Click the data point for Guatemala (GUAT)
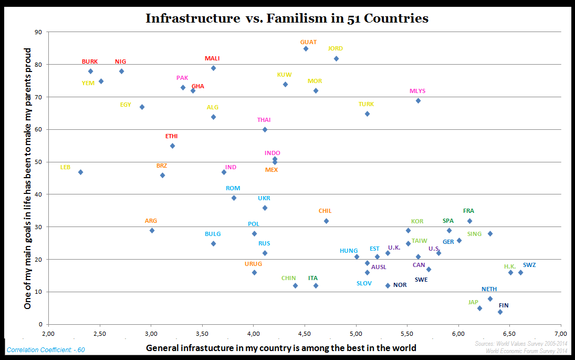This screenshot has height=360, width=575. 306,49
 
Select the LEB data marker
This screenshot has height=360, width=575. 80,172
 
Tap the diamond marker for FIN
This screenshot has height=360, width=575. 500,312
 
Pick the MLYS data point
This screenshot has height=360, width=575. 418,101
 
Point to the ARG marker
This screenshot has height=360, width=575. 152,231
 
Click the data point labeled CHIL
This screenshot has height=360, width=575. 326,221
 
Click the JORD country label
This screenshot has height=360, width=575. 335,49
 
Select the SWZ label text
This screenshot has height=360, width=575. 529,265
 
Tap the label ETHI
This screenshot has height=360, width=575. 171,136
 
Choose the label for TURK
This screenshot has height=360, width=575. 366,104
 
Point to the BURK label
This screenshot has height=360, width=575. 90,61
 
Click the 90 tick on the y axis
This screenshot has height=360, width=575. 38,32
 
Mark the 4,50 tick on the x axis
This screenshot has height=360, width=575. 305,333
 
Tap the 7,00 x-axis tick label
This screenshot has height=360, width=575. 561,333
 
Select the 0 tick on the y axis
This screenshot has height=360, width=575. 40,324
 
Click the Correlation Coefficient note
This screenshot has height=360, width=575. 45,349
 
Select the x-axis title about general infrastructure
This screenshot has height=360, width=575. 281,347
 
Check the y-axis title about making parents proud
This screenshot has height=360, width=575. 28,179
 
